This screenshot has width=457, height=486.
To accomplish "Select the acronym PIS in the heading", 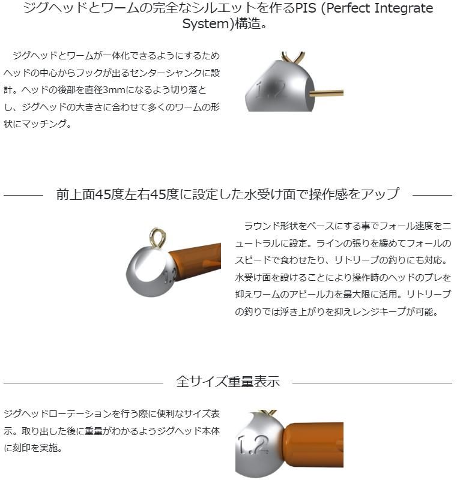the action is (306, 8).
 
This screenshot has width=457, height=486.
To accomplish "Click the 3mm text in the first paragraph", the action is (113, 90).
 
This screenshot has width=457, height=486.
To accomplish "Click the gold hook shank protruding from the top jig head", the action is (326, 92).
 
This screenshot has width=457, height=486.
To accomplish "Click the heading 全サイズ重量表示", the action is (228, 381).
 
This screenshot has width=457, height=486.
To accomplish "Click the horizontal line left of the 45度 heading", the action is (23, 195).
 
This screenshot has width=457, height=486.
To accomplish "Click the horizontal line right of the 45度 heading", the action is (432, 195).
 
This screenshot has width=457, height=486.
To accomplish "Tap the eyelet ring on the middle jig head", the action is (158, 238).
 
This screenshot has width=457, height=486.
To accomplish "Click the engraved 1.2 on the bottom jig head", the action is (253, 445).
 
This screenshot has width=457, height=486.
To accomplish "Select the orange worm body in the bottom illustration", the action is (313, 445).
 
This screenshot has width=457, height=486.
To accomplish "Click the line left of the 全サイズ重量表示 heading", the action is (83, 383).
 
